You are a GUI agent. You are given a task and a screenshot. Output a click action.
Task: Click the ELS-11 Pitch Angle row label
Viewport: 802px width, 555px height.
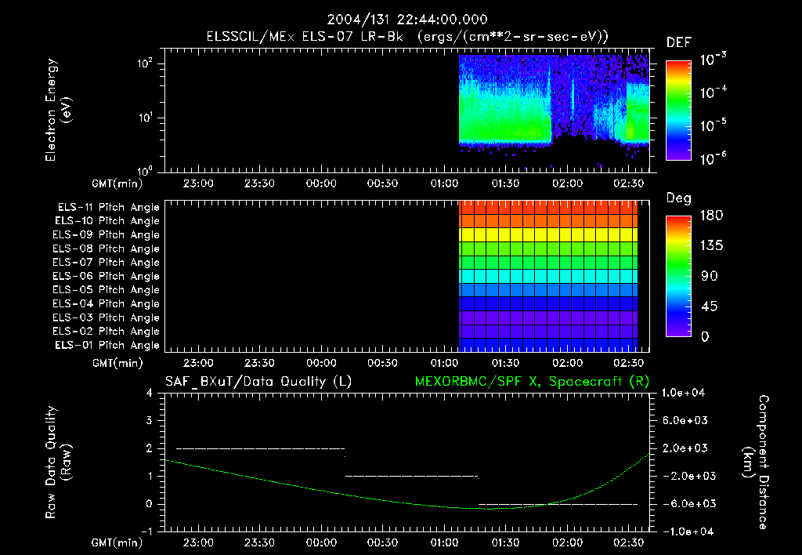click(x=106, y=207)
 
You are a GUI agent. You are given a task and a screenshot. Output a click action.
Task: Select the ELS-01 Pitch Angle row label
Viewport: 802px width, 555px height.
click(x=106, y=345)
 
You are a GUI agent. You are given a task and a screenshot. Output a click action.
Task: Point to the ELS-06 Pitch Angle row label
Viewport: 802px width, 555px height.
click(x=106, y=276)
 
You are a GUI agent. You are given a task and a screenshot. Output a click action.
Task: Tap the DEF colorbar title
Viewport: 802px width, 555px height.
click(x=678, y=42)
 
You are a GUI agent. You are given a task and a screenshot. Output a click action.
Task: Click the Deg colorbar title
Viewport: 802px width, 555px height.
click(x=678, y=198)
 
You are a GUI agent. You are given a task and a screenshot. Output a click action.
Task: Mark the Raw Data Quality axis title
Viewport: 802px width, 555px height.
click(x=60, y=462)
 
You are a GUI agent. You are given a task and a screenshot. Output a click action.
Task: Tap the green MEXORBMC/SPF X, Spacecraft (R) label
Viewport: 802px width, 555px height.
click(x=531, y=382)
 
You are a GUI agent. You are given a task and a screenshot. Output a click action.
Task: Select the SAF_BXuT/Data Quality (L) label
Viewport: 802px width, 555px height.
click(x=258, y=382)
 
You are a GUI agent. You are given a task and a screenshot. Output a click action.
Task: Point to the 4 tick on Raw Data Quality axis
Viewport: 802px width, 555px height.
click(x=149, y=393)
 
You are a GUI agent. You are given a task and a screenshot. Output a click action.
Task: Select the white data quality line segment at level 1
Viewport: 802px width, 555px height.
click(x=411, y=476)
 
